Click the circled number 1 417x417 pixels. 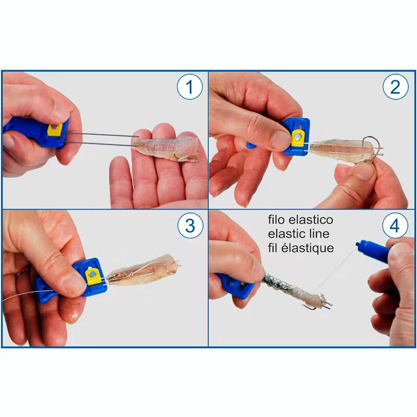tap(190, 87)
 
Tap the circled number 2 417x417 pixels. tap(394, 87)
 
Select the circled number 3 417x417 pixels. tap(190, 226)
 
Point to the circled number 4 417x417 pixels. tap(394, 226)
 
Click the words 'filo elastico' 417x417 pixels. tap(300, 220)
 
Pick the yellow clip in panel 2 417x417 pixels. tap(298, 138)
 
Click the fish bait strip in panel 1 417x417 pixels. tap(167, 147)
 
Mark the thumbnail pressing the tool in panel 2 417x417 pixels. tap(280, 140)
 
